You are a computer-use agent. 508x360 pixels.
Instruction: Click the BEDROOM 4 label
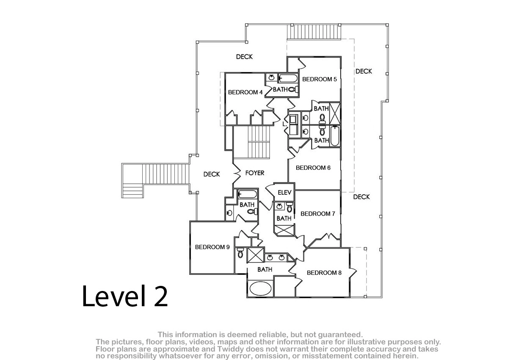[x=245, y=92]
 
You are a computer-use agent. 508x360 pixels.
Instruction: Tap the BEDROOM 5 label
[x=319, y=79]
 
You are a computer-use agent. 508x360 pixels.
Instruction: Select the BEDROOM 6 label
[x=313, y=168]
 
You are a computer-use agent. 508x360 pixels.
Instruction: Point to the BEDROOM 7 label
[x=318, y=214]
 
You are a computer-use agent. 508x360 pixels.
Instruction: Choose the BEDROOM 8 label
[x=324, y=273]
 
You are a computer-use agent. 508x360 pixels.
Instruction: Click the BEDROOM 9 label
[x=212, y=247]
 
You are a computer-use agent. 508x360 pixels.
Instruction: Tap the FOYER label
[x=255, y=173]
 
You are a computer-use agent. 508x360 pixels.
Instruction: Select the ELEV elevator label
[x=284, y=193]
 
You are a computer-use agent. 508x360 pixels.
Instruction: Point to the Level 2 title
[x=125, y=296]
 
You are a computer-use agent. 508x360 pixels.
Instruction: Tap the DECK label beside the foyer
[x=212, y=174]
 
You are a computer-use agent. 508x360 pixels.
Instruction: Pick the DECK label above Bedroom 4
[x=244, y=57]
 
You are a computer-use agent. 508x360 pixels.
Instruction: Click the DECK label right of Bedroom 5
[x=364, y=72]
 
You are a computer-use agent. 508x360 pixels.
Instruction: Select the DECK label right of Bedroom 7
[x=362, y=197]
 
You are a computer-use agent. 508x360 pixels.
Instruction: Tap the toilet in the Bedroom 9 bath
[x=240, y=253]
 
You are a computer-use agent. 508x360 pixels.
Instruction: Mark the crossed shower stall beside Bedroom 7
[x=284, y=231]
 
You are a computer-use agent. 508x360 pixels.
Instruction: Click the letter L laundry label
[x=284, y=125]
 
